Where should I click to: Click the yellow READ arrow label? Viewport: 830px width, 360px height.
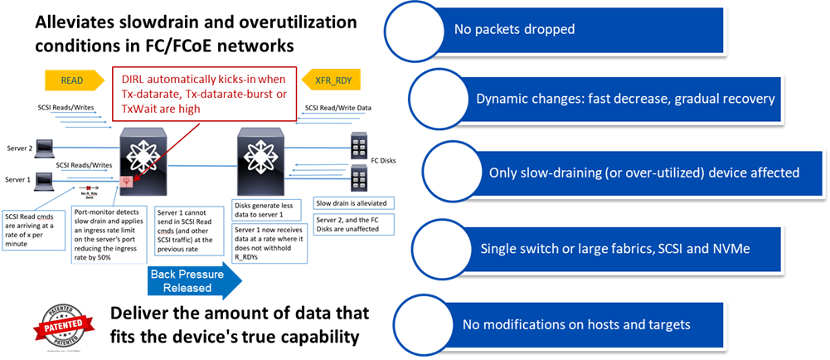coord(72,80)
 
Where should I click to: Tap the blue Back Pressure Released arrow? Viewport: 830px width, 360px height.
coord(194,282)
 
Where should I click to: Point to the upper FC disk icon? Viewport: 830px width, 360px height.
coord(360,146)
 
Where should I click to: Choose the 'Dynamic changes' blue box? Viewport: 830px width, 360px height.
coord(622,99)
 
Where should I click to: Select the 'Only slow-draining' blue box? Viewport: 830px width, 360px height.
coord(630,173)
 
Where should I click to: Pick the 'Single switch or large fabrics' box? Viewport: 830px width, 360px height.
coord(622,249)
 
